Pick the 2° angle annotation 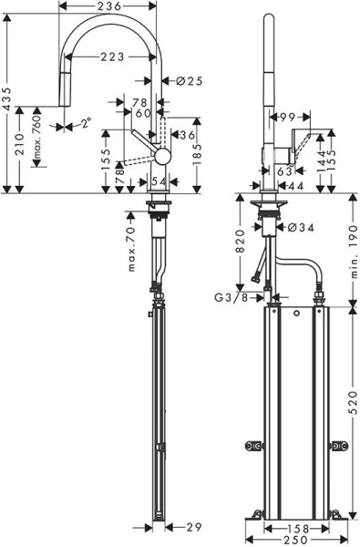(86, 122)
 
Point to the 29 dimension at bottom (193, 528)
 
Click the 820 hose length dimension (239, 240)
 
